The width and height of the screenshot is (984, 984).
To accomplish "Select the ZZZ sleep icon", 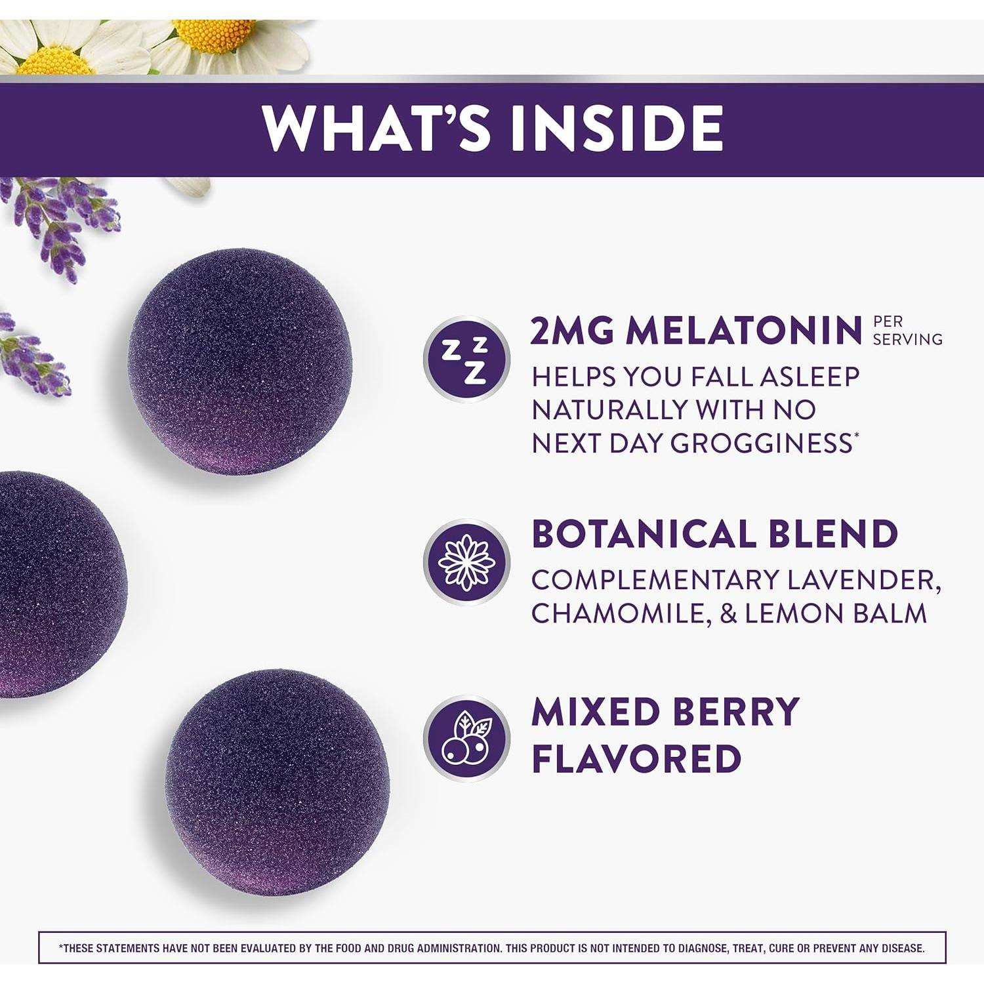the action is (x=466, y=359).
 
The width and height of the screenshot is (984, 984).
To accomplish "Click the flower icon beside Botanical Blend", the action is (x=466, y=562).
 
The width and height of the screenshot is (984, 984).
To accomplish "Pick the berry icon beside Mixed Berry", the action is (x=466, y=738).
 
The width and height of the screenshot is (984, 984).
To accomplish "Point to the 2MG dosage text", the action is (x=573, y=331).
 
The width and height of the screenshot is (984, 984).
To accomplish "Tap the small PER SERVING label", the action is (x=907, y=330).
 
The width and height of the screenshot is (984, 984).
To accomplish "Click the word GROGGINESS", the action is (x=761, y=443).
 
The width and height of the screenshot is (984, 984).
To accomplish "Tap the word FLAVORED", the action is (x=636, y=759).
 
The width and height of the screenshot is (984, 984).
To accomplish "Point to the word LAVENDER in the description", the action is (x=863, y=581).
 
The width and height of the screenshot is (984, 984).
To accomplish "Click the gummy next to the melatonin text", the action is (x=240, y=361).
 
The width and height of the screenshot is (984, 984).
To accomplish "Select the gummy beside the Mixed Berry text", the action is (x=277, y=782).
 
